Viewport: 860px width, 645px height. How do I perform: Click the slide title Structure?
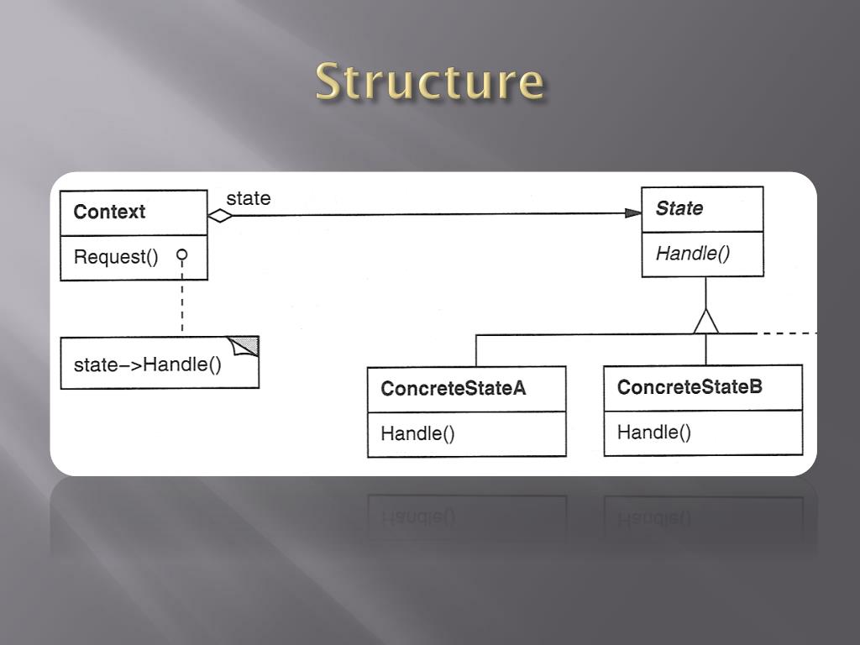click(430, 82)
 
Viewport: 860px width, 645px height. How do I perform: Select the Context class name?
click(109, 212)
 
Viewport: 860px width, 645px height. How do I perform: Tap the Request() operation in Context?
click(116, 257)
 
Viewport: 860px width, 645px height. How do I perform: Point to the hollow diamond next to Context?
click(220, 215)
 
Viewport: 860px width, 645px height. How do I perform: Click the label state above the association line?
click(249, 198)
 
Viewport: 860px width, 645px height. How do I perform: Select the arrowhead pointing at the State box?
click(633, 213)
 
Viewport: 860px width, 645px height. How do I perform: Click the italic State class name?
click(679, 208)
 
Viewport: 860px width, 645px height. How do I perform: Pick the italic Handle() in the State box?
click(693, 253)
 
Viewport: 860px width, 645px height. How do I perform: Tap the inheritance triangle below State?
click(706, 321)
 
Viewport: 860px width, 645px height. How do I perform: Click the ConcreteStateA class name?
click(454, 389)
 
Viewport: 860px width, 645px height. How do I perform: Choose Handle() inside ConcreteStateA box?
click(417, 433)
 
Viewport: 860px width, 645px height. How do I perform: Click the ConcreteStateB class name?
click(690, 387)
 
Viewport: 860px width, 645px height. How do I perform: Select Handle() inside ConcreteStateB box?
click(654, 432)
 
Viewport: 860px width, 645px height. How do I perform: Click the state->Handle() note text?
click(148, 364)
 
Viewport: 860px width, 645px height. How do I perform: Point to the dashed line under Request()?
click(181, 302)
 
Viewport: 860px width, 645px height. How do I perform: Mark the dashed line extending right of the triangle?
click(785, 333)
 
